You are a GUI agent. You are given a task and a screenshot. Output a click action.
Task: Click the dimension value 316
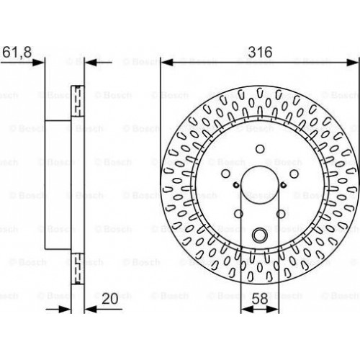coord(260,52)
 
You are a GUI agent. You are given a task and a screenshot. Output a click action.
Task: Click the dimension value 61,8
coord(17,52)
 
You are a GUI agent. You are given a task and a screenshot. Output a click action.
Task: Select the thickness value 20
coord(110,299)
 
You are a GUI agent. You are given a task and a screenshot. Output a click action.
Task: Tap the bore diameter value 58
coord(260,299)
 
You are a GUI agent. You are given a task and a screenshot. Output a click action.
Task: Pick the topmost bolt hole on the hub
coord(260,149)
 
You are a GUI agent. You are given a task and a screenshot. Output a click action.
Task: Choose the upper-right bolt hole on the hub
coord(294,174)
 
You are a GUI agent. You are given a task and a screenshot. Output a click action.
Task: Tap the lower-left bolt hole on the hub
coord(239,214)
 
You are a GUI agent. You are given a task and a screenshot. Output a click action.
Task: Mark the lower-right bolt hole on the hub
coord(281,214)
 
